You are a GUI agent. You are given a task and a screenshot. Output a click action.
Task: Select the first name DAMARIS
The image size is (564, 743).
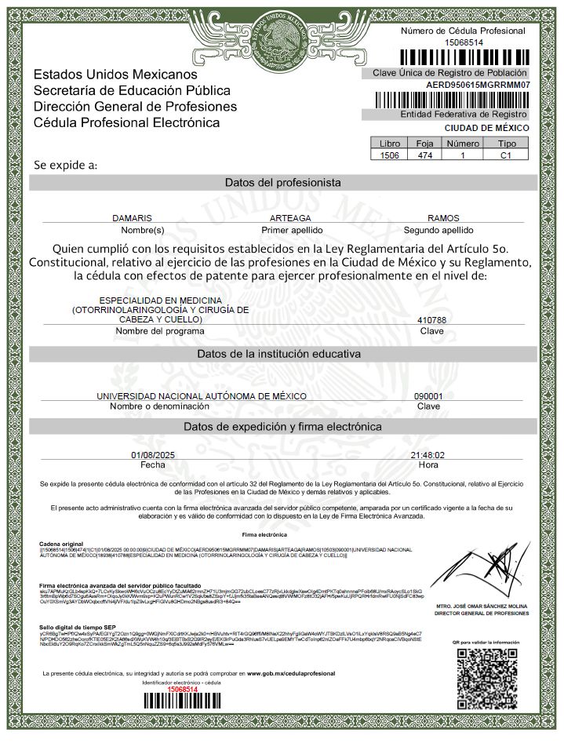[x=132, y=217]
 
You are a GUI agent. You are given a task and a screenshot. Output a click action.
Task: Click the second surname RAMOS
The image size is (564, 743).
[x=438, y=217]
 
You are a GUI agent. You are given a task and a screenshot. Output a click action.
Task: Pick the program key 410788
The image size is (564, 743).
[x=433, y=320]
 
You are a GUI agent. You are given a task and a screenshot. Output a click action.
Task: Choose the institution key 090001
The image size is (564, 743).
[x=428, y=396]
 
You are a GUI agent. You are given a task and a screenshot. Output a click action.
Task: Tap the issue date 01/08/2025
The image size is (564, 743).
[x=152, y=455]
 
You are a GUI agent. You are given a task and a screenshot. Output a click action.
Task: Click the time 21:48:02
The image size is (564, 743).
[x=428, y=455]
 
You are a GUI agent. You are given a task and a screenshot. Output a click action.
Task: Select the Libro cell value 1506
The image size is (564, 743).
[x=389, y=155]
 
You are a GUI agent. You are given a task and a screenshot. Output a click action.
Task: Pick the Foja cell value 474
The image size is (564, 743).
[x=425, y=155]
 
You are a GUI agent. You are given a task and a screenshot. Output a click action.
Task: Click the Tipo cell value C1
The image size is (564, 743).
[x=507, y=155]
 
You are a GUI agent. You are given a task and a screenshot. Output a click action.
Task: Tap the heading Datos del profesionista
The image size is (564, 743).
[x=282, y=182]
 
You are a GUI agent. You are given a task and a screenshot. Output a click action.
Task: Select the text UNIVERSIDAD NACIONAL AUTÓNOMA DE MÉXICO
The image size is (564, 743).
[x=202, y=396]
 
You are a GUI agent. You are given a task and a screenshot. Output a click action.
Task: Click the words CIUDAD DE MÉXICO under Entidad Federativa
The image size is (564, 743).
[x=486, y=128]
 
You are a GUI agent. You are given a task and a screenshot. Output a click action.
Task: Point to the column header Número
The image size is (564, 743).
[x=463, y=144]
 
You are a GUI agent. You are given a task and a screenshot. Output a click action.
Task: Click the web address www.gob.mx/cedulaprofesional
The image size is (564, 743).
[x=291, y=673]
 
